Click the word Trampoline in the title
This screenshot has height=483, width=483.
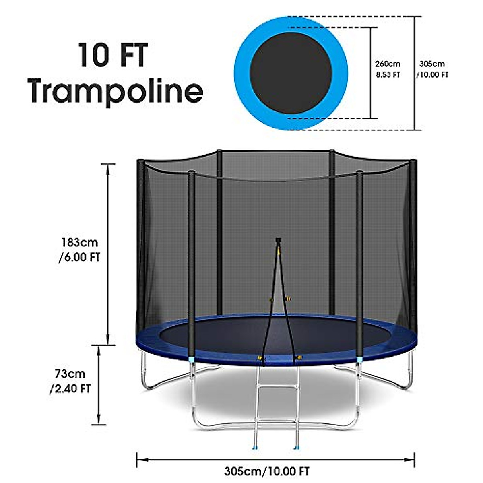116,91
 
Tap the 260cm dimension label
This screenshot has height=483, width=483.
388,64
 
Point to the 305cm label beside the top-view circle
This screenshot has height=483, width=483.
432,64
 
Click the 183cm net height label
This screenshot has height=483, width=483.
80,243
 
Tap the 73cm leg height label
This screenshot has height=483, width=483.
70,374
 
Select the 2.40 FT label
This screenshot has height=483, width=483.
70,388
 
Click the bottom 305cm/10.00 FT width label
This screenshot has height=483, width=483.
267,471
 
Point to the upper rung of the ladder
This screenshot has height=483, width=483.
277,388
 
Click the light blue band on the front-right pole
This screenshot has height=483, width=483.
359,359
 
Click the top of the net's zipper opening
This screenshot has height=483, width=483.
278,241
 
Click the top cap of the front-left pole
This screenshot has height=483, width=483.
192,173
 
